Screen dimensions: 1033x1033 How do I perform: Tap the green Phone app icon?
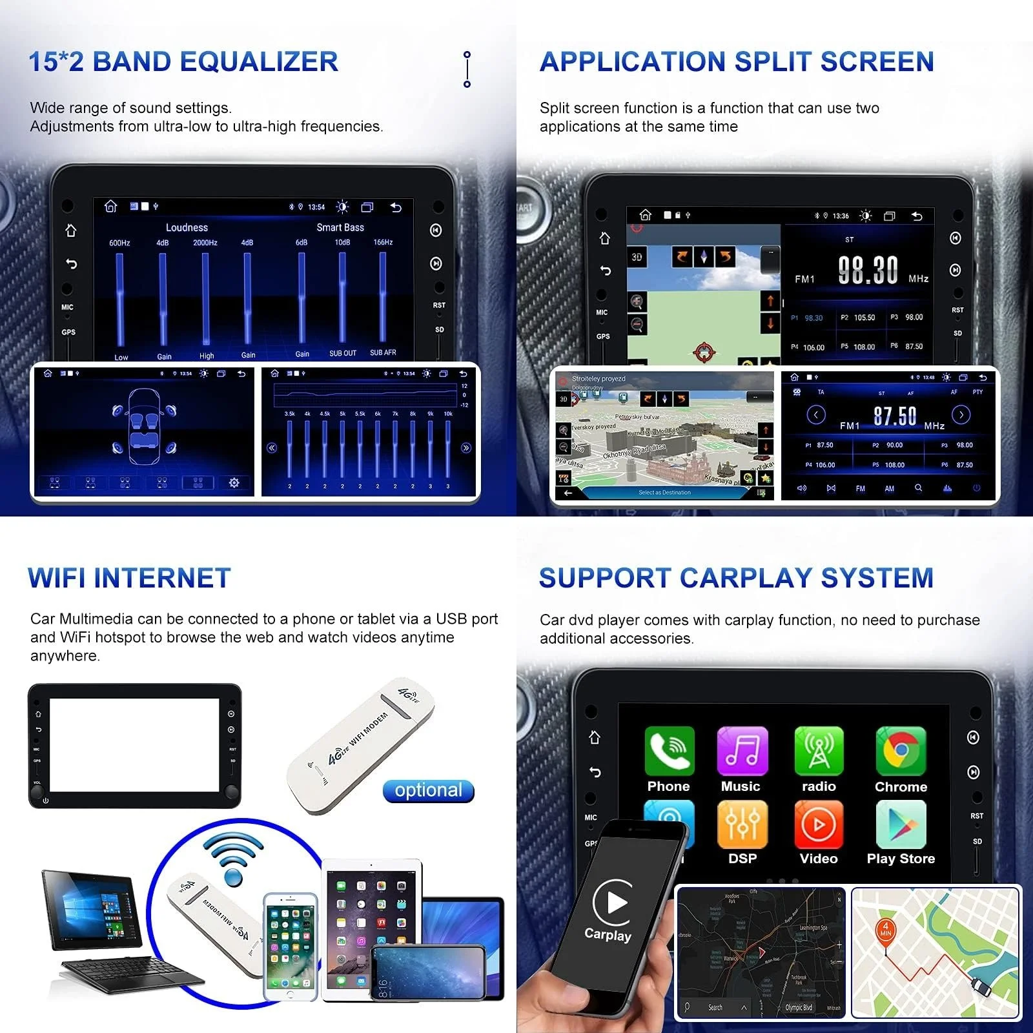669,751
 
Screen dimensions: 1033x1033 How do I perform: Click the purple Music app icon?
742,751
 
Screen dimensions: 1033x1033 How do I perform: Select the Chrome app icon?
901,751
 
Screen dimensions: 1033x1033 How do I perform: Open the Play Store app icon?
901,824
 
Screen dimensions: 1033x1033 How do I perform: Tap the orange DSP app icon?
742,824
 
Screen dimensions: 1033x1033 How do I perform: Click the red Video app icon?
819,824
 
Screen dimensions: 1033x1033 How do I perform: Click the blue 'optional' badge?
429,791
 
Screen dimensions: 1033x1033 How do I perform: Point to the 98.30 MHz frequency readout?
868,270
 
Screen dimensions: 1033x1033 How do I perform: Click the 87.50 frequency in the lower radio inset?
894,416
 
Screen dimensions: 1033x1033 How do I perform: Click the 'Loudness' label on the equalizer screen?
187,227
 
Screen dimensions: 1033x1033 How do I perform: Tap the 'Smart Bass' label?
340,227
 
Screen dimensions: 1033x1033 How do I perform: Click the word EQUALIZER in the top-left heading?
259,62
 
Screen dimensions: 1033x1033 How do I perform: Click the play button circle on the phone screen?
613,902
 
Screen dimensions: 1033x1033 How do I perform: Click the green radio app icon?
819,751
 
